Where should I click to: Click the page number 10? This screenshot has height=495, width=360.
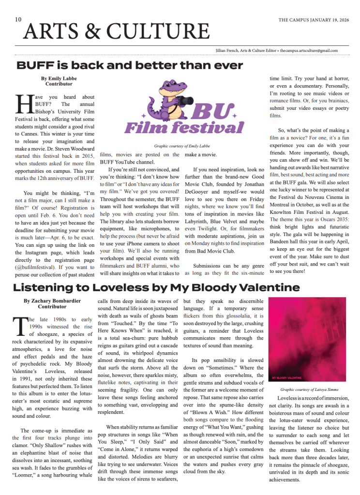(18, 19)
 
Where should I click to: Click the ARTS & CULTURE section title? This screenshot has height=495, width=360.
(116, 32)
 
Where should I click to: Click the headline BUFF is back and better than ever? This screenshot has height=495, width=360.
(130, 65)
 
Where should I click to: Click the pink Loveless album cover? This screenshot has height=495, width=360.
(307, 338)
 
